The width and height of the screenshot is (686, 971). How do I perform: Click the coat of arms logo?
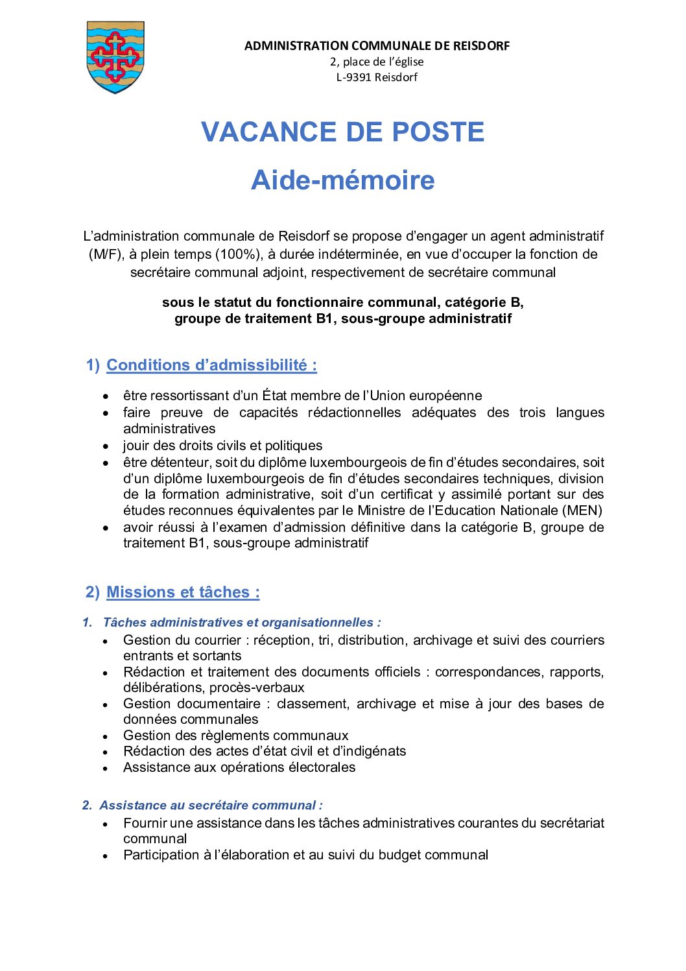coord(115,57)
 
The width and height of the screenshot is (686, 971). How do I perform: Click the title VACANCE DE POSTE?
coord(342,132)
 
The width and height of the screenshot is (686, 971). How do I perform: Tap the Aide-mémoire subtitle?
coord(342,180)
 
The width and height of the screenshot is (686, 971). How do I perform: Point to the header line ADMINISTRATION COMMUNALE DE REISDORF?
coord(377,46)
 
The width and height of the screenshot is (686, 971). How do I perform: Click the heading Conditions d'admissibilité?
coord(211,365)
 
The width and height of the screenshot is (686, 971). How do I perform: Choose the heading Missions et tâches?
coord(183,592)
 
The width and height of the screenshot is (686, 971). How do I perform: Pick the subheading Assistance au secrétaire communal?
coord(211,806)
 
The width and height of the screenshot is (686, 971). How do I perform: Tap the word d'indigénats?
coord(370,751)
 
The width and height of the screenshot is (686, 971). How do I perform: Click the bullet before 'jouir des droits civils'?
coord(106,446)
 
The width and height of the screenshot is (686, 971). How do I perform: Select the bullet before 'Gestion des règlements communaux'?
coord(106,736)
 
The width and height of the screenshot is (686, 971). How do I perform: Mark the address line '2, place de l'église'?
coord(377,62)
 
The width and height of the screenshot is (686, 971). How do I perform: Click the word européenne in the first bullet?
coord(445,396)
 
